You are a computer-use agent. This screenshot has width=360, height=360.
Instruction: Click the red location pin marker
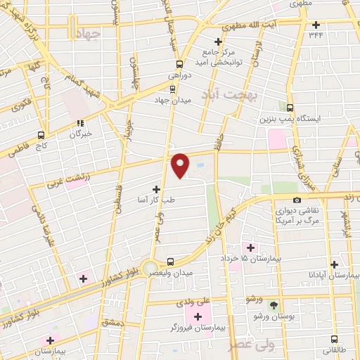tap(181, 165)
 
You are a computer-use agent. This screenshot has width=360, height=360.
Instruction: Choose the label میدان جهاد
tap(173, 101)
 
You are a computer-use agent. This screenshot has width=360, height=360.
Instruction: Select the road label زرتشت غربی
tap(65, 180)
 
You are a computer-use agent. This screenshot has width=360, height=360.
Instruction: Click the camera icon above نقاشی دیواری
tap(276, 198)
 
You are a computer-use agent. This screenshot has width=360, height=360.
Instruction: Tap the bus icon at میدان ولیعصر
tap(169, 261)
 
